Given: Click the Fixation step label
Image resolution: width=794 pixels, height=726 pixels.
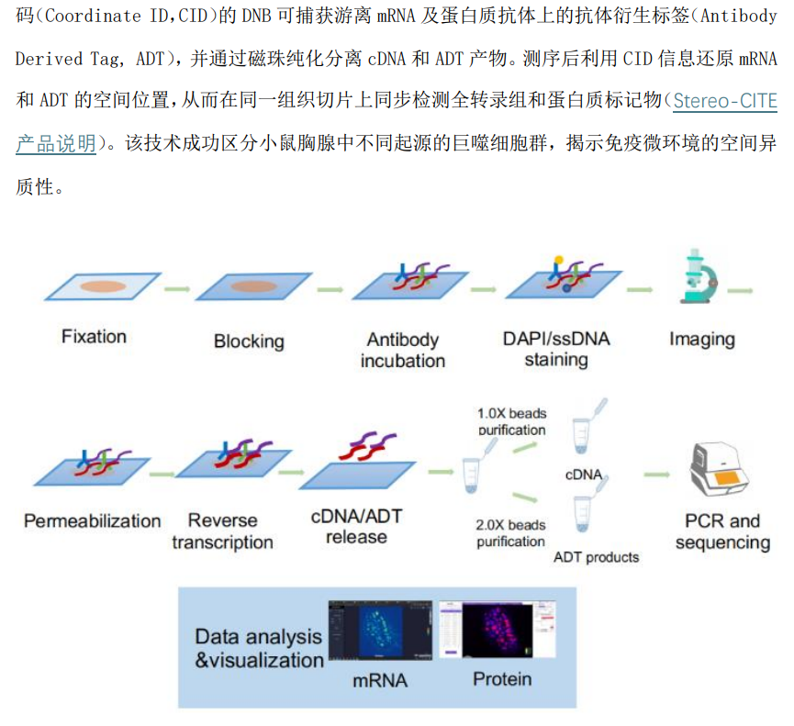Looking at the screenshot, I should [x=94, y=337].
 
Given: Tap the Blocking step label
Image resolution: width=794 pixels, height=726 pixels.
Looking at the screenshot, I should [x=249, y=341].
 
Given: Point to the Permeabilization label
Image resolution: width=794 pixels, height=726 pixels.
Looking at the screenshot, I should [x=92, y=521].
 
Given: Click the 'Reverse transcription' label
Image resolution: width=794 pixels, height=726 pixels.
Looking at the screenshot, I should [x=222, y=531].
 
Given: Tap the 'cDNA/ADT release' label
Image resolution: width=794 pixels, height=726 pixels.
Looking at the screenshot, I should [x=356, y=527].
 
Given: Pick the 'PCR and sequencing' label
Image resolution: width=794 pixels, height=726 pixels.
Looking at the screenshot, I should [x=722, y=531].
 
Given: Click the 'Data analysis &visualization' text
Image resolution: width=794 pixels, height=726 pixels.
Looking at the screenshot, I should [x=259, y=648].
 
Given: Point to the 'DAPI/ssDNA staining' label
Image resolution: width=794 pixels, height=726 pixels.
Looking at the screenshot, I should [x=556, y=349].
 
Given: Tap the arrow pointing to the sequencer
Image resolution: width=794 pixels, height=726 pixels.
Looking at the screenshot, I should [x=657, y=475].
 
